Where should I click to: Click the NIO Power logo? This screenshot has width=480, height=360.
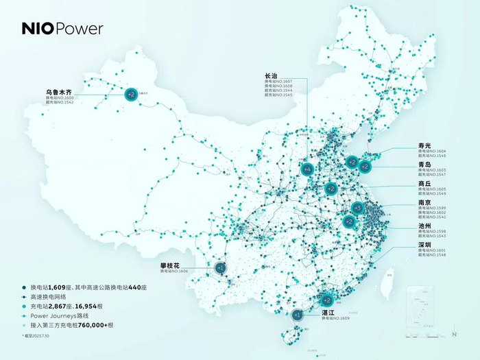(62, 29)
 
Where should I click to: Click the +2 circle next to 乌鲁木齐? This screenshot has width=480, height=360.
(130, 95)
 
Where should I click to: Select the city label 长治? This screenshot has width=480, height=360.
(272, 76)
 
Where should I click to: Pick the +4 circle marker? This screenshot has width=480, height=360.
(307, 169)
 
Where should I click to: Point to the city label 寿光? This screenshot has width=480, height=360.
(425, 145)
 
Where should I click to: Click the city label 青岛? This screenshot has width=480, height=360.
(425, 165)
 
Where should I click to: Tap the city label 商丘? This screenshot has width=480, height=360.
(425, 184)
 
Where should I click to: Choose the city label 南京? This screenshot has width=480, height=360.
(425, 203)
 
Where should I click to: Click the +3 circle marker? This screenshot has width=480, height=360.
(357, 208)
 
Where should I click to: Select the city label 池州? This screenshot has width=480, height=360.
(425, 226)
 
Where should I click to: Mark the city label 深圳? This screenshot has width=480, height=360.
(425, 245)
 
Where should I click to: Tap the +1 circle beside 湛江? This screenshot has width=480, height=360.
(297, 315)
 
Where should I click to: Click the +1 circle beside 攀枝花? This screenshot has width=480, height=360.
(220, 267)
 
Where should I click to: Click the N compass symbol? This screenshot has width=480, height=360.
(454, 333)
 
